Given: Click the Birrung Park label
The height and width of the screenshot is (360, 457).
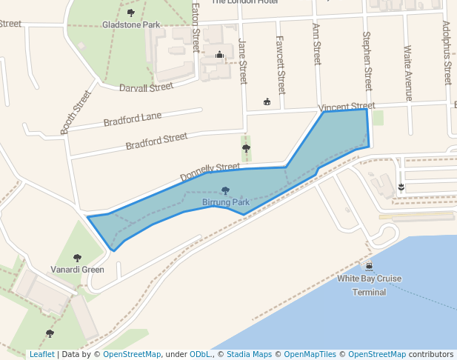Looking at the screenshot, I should pos(225,201).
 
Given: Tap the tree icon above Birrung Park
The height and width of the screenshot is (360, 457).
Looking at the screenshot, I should pos(225,191).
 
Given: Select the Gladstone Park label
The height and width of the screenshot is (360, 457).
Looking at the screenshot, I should pos(131,24).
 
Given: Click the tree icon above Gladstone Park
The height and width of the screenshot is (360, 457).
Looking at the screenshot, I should pos(131,13).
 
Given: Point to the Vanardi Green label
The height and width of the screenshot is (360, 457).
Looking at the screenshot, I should pos(77,270).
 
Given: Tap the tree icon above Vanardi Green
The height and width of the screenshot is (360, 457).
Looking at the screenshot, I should pos(77,258).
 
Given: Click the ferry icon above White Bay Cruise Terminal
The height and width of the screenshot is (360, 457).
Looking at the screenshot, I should pos(369,266).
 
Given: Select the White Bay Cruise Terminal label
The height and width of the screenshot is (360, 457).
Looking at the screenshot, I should pos(369,285).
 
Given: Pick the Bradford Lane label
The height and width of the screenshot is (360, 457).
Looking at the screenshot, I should pos(133,119).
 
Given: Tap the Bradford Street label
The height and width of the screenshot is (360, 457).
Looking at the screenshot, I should pos(156,141).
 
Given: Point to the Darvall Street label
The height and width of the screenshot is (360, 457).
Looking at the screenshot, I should pos(146,87).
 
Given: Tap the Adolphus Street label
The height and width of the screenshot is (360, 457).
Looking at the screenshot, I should pos(447,52).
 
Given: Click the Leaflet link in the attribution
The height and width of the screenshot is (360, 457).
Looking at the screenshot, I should pos(41,355).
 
